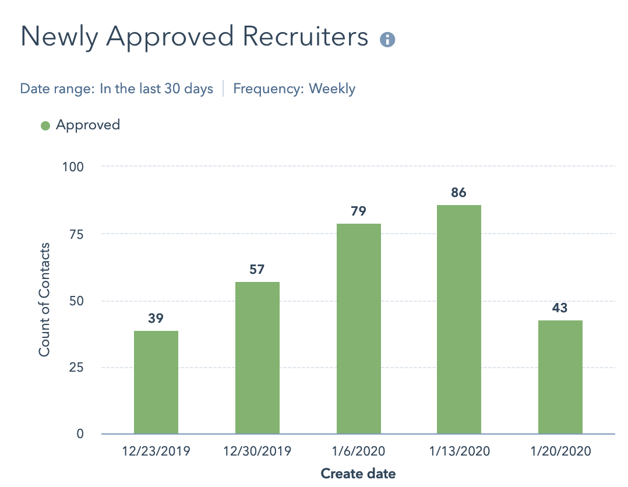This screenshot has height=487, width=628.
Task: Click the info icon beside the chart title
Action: pos(387,40)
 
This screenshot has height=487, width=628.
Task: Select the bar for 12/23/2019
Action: pos(156,382)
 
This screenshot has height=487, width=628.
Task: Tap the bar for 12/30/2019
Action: pos(257,358)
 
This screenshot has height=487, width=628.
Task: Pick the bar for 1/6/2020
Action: pos(359,329)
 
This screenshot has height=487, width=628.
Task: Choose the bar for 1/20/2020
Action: pos(560,377)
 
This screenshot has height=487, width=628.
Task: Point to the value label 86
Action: pos(459,192)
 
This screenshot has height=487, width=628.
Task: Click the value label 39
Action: pos(156,319)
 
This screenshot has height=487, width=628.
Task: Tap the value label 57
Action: pos(257,270)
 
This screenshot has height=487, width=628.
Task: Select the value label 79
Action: pos(358,211)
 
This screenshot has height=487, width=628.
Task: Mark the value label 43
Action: pos(560,308)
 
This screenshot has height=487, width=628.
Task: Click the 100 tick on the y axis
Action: pos(74,167)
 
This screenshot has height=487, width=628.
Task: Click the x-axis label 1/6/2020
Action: pos(358,451)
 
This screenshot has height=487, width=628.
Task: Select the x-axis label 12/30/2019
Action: pos(257,451)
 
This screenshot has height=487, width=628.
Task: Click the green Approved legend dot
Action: pos(45,125)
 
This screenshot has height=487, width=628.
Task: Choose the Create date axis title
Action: pos(358,474)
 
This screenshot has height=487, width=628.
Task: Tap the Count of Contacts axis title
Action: pos(45,299)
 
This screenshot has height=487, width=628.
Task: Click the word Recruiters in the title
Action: pos(305,37)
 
